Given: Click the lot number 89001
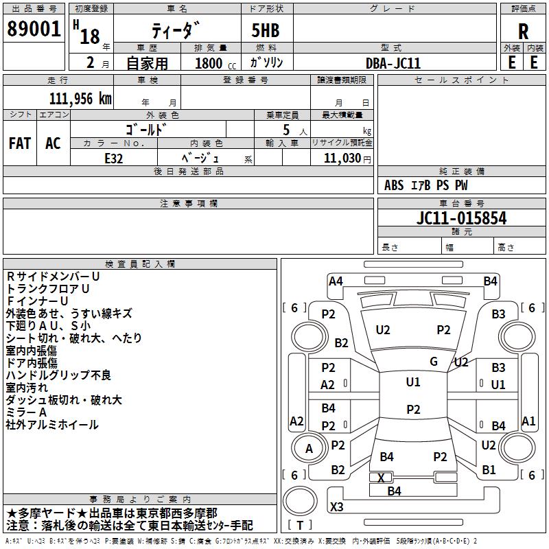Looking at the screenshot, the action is [x=34, y=29].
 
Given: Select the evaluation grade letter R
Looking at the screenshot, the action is [x=523, y=32].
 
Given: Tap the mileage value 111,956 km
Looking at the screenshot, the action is [x=80, y=99].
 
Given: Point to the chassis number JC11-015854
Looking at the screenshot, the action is [x=461, y=218].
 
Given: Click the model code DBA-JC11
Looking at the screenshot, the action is [x=393, y=63].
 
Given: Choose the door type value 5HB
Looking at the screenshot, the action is [x=266, y=30].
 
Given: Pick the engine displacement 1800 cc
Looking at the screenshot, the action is [x=215, y=63].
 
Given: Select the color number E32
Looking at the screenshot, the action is [x=114, y=159].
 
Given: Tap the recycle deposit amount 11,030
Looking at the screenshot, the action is [x=342, y=159].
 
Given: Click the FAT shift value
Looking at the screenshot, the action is [x=20, y=143].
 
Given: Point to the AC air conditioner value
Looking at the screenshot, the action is [x=53, y=143].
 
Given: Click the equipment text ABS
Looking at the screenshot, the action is [x=394, y=185].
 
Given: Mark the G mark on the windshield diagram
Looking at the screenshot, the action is [x=434, y=361].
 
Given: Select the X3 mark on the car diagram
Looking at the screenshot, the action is [x=337, y=506].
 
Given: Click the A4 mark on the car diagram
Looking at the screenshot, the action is [x=336, y=281].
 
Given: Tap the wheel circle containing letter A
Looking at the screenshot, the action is [x=309, y=448].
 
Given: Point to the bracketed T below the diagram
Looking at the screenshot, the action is [x=300, y=525].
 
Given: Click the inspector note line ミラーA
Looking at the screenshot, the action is [x=26, y=412].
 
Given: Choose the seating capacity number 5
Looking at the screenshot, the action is [x=286, y=130].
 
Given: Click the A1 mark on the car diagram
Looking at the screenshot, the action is [x=528, y=421].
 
